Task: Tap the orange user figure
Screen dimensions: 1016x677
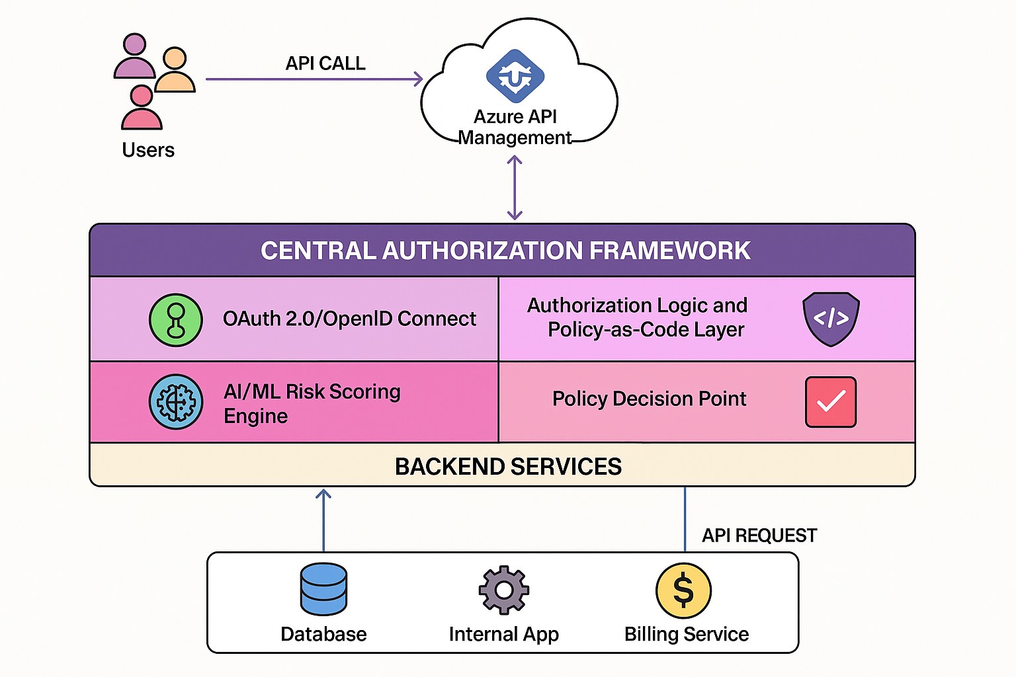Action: (x=175, y=70)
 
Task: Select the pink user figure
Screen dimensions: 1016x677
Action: (x=142, y=108)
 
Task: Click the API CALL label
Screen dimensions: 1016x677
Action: (x=325, y=63)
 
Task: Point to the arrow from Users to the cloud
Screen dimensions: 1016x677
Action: (x=314, y=79)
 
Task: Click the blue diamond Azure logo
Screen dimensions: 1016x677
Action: (x=515, y=76)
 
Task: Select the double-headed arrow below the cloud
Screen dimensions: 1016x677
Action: (x=515, y=188)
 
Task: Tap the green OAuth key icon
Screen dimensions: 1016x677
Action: (x=176, y=320)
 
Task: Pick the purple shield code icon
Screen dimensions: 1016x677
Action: (x=831, y=319)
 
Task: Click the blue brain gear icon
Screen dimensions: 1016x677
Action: (x=176, y=402)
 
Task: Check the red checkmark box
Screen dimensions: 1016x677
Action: (x=831, y=402)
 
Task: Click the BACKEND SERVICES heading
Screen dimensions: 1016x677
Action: (x=508, y=467)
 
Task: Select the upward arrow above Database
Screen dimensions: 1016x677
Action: (x=323, y=520)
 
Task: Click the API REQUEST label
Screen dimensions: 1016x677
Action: (x=759, y=536)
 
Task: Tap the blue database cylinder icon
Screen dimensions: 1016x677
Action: (x=323, y=589)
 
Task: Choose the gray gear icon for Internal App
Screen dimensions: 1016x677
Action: (x=504, y=590)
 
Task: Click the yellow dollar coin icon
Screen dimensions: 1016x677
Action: (x=683, y=590)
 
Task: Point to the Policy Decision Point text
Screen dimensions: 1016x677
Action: (x=649, y=399)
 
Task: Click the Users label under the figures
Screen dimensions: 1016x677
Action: (x=148, y=150)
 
